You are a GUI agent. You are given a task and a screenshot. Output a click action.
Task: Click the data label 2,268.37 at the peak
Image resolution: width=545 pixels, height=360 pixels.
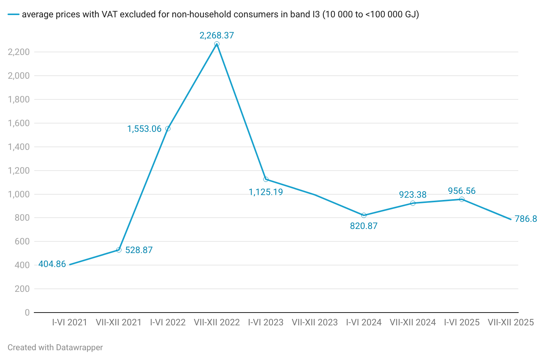coord(216,35)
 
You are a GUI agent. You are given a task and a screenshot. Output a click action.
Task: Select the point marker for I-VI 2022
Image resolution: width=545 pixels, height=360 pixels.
coord(168,129)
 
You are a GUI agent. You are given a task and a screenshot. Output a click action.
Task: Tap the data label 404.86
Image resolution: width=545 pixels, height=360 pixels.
coord(52,264)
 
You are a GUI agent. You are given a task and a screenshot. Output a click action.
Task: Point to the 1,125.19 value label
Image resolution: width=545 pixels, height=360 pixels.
coord(266,192)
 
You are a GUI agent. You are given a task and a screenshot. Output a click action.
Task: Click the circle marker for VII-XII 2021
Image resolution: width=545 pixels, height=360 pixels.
coord(119,250)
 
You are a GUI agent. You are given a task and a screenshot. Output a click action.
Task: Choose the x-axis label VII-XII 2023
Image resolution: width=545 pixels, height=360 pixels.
coord(315,322)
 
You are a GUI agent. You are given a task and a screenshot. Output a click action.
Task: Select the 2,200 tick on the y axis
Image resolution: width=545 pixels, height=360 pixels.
coord(19,52)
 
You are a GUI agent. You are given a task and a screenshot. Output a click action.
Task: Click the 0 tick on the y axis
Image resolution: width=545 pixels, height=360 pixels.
coord(27,313)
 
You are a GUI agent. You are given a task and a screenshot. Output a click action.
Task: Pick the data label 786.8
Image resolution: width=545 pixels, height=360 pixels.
coord(526,219)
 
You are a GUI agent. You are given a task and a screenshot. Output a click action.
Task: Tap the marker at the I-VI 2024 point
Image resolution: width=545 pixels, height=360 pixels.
coord(364,215)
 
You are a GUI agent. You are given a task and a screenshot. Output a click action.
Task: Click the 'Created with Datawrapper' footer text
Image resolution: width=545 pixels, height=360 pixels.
coord(55,348)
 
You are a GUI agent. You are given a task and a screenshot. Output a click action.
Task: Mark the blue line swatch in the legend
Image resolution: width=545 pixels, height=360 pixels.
coord(13,15)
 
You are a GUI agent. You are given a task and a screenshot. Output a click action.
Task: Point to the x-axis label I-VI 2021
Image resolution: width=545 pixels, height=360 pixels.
coord(70,322)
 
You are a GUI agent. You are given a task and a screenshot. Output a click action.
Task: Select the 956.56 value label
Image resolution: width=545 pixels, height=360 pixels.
coord(461,191)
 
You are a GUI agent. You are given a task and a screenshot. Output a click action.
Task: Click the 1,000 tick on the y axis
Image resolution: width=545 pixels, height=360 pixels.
coord(19,194)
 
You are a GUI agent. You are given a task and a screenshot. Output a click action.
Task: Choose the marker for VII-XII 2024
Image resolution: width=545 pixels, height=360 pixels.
coord(413,203)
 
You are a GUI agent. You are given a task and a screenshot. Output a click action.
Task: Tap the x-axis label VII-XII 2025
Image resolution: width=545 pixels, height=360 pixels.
coord(511,322)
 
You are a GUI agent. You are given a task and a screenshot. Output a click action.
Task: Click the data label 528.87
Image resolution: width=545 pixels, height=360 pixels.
coord(139,250)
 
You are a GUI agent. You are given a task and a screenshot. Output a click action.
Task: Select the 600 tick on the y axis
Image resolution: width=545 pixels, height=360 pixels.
coord(22,241)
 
